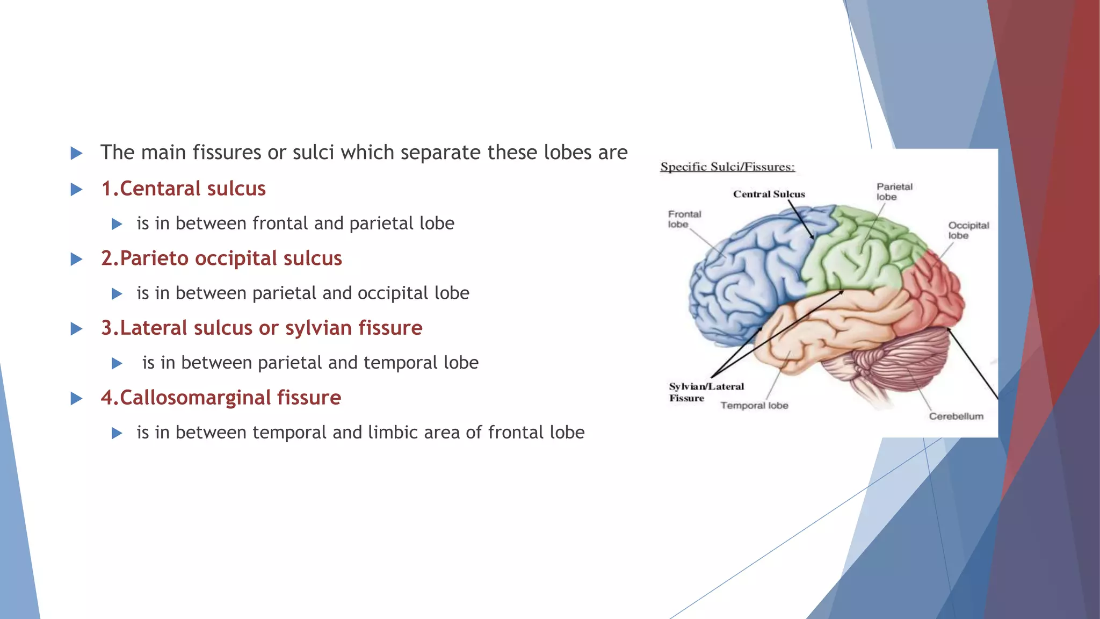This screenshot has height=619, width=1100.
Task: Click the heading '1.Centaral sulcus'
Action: [183, 189]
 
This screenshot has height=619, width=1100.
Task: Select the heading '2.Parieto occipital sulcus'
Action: [221, 258]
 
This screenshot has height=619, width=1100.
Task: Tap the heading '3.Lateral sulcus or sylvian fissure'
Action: [262, 328]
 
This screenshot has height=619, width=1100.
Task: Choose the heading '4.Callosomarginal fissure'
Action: [221, 398]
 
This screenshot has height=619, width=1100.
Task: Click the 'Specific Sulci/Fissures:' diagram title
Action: [727, 167]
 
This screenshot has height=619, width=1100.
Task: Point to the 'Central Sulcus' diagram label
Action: [769, 194]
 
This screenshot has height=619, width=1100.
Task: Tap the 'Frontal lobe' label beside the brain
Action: [684, 219]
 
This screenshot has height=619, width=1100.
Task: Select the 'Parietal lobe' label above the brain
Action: [894, 192]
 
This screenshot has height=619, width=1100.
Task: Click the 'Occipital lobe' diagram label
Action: [968, 231]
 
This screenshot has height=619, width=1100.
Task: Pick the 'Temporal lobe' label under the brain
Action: [754, 406]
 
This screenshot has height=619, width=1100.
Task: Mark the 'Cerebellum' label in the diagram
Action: [956, 416]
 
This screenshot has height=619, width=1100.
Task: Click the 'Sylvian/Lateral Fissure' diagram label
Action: [706, 392]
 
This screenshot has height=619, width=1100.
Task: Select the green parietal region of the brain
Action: [859, 253]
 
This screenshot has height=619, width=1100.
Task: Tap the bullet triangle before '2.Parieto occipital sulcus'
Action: [77, 260]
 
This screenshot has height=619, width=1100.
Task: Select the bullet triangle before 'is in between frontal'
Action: [117, 224]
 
